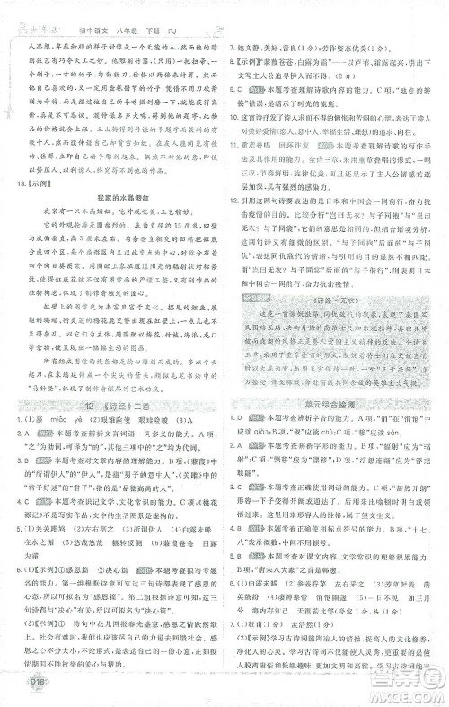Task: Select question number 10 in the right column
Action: click(x=235, y=140)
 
